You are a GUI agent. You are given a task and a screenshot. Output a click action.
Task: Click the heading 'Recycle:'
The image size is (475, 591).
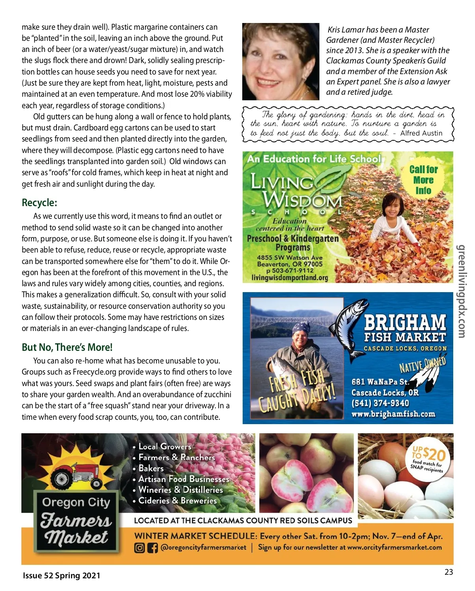click(x=40, y=203)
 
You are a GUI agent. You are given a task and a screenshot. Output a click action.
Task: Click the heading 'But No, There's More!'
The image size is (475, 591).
click(x=67, y=347)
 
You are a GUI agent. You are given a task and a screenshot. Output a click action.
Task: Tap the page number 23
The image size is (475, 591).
click(x=448, y=572)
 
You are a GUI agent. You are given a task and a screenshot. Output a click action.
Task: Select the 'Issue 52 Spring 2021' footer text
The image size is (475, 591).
click(x=61, y=576)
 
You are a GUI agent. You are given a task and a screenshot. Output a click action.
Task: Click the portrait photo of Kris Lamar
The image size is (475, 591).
click(x=281, y=61)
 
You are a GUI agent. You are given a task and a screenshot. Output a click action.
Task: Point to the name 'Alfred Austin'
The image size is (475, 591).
click(x=421, y=133)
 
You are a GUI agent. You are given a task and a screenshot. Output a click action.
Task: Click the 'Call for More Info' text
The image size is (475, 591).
click(x=423, y=180)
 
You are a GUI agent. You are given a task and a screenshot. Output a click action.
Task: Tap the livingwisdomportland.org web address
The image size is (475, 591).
click(x=290, y=277)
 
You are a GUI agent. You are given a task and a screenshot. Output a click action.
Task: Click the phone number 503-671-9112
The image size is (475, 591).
click(x=290, y=270)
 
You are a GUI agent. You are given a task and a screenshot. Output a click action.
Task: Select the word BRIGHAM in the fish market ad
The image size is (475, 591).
click(x=405, y=323)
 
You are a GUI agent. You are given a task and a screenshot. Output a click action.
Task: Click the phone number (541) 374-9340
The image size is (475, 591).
click(x=380, y=403)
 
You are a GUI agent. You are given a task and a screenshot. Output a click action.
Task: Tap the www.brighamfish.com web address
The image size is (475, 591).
click(x=393, y=414)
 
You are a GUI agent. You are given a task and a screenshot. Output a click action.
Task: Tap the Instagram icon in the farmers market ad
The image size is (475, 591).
click(x=140, y=548)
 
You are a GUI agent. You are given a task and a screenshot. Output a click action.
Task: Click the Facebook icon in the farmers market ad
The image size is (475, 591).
click(x=152, y=548)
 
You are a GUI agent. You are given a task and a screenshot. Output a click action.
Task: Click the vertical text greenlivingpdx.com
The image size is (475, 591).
click(x=462, y=291)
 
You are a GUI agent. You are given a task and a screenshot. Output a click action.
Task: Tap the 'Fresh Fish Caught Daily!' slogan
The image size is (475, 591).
click(x=297, y=390)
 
